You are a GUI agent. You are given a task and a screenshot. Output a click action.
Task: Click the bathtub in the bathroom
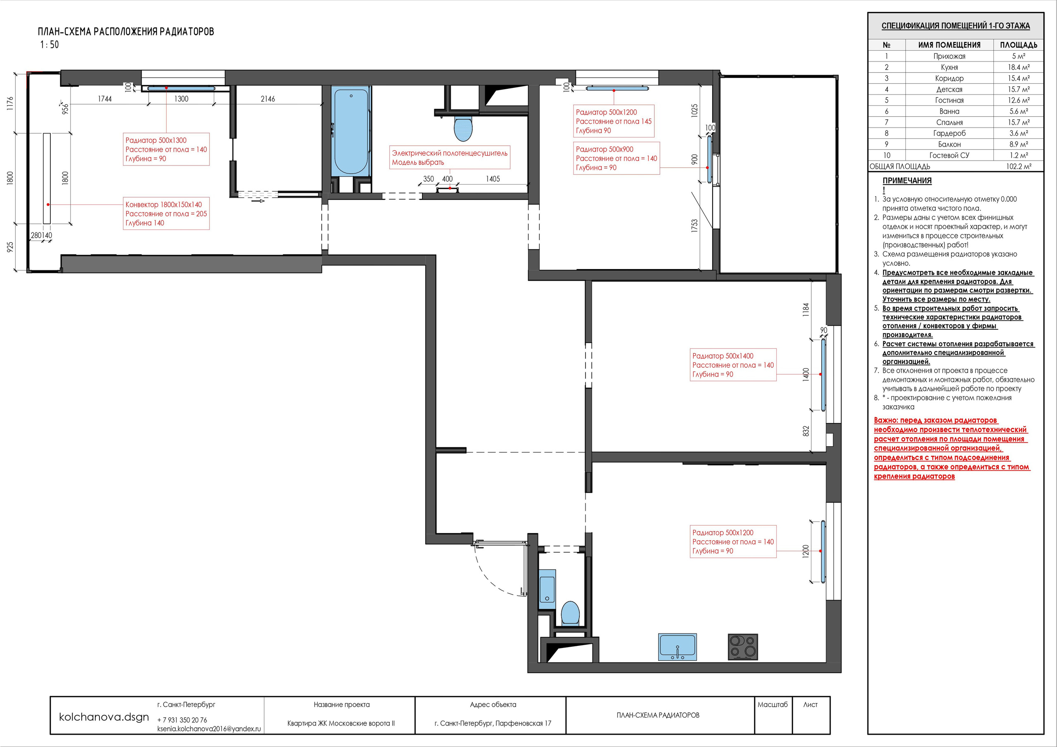point(351,132)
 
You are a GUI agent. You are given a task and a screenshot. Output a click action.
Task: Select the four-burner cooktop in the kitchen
point(742,647)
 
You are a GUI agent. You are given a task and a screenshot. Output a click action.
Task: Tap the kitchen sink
point(677,647)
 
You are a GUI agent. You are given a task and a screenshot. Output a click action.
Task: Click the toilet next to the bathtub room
point(463,128)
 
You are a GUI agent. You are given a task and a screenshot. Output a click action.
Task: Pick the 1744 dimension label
point(105,99)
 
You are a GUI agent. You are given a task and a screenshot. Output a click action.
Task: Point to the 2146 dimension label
point(268,99)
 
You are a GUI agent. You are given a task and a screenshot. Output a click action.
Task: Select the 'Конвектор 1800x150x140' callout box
point(166,213)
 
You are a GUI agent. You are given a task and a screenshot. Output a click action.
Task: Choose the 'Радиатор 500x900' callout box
point(616,158)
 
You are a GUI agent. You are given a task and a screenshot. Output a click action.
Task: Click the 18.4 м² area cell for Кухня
point(1019,67)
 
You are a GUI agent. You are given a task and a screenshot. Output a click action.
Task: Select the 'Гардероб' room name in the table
point(949,133)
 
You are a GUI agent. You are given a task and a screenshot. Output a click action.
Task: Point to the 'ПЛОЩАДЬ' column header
point(1019,45)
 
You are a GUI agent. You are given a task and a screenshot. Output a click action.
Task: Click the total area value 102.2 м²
point(1019,167)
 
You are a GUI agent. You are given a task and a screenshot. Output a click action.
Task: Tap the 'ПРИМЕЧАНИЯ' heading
point(907,181)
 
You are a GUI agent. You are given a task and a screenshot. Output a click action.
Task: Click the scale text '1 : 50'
point(50,45)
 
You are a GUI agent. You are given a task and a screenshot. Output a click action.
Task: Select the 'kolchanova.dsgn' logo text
point(104,717)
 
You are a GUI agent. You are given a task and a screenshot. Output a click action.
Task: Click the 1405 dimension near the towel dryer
point(493,179)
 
